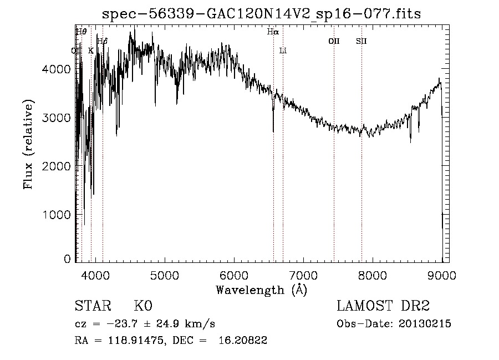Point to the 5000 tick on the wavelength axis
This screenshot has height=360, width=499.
(164, 275)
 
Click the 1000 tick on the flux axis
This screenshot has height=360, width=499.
(59, 215)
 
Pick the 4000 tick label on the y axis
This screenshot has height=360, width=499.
(59, 69)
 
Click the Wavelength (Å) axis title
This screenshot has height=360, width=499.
(261, 290)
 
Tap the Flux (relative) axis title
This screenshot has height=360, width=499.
(28, 144)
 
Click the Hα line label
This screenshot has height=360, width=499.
(272, 32)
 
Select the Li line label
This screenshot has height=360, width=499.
(283, 51)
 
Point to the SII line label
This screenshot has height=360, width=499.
(361, 41)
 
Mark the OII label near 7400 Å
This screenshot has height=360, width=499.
(334, 41)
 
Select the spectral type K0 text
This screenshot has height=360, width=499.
(142, 307)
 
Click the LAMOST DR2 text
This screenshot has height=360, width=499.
(383, 306)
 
